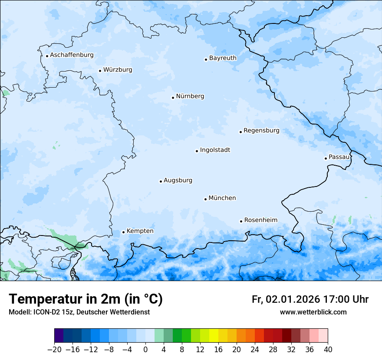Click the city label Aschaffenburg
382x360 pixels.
coord(72,55)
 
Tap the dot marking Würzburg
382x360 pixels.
coord(100,71)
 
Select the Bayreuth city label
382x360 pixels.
coord(223,58)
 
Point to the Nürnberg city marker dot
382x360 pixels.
coord(173,98)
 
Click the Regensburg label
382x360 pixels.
coord(261,131)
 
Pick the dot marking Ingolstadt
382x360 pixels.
coord(197,151)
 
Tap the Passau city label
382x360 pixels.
coord(339,157)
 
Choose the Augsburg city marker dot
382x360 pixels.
coord(161,181)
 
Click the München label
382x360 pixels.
coord(222,198)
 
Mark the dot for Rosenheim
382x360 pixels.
coord(241,221)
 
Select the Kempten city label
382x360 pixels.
coord(140,231)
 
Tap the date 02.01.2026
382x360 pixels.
coord(293,299)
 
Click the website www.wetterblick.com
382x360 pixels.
coord(313,312)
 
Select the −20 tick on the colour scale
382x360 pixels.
coord(54,350)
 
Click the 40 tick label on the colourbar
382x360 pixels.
coord(328,350)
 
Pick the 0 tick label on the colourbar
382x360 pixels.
coord(145,350)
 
